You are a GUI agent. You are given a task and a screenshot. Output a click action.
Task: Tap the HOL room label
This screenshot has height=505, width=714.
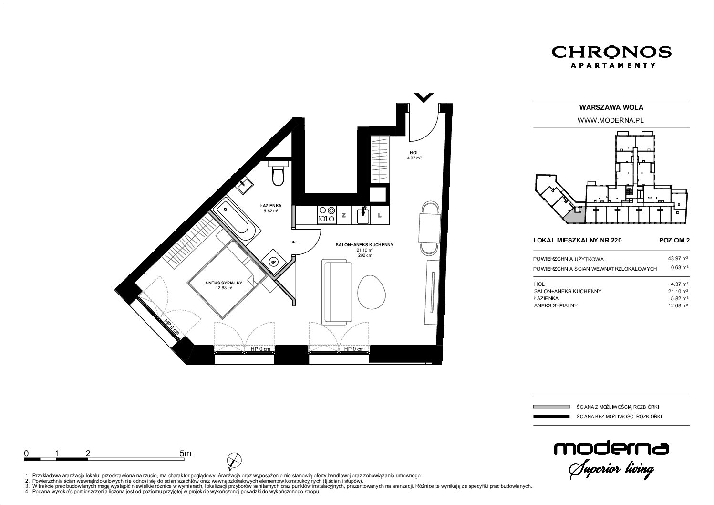(x=414, y=153)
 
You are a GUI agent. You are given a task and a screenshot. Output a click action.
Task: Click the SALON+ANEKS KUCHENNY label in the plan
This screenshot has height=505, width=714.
(x=364, y=245)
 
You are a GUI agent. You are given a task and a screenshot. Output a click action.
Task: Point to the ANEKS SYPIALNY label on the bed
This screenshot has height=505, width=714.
(x=223, y=283)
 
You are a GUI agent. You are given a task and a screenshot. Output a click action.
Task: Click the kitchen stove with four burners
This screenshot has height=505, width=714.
(x=327, y=215)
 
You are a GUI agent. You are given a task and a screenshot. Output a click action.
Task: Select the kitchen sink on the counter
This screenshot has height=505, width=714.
(x=363, y=215)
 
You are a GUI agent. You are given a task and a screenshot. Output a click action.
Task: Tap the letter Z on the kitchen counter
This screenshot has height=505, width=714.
(x=343, y=215)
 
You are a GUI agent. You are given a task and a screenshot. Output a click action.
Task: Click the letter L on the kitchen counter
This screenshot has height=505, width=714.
(x=379, y=215)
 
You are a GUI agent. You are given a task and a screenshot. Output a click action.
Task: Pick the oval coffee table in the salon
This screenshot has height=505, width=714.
(x=372, y=292)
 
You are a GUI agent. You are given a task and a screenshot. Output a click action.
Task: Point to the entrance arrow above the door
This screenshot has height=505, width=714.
(x=424, y=97)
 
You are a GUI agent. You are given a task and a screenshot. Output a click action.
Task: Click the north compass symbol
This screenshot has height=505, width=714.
(x=234, y=461)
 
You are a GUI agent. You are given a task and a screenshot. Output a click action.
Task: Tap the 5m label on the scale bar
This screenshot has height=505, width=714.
(x=185, y=453)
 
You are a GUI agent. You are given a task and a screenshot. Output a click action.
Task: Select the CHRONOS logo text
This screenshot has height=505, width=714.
(x=611, y=53)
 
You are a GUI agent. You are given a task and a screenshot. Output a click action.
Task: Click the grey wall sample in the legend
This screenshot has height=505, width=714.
(x=551, y=407)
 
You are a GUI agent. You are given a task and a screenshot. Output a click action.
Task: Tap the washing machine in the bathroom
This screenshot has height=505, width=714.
(x=273, y=262)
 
